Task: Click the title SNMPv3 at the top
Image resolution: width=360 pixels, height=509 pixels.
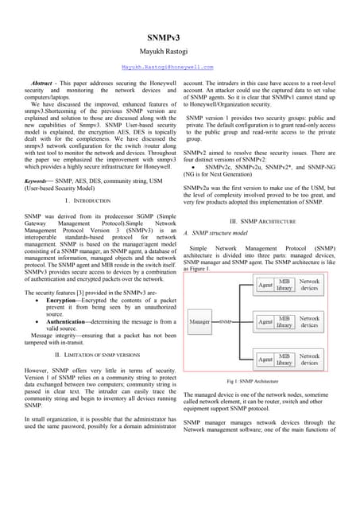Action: click(x=180, y=37)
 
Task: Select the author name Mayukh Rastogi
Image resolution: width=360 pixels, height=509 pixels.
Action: click(x=180, y=51)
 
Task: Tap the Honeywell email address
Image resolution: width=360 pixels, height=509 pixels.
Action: click(x=180, y=68)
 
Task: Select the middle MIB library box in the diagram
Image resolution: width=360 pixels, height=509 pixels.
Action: click(x=284, y=321)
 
